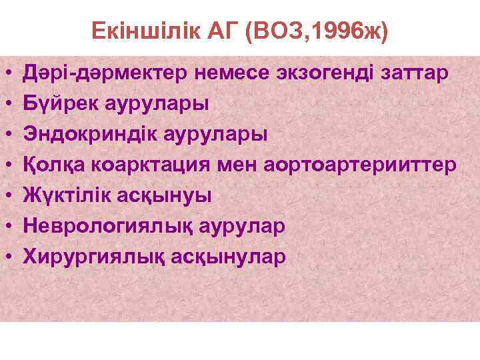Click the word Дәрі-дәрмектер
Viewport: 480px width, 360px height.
(x=107, y=72)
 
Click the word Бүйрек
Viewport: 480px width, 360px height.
(x=59, y=103)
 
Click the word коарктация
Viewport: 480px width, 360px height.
(x=149, y=164)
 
